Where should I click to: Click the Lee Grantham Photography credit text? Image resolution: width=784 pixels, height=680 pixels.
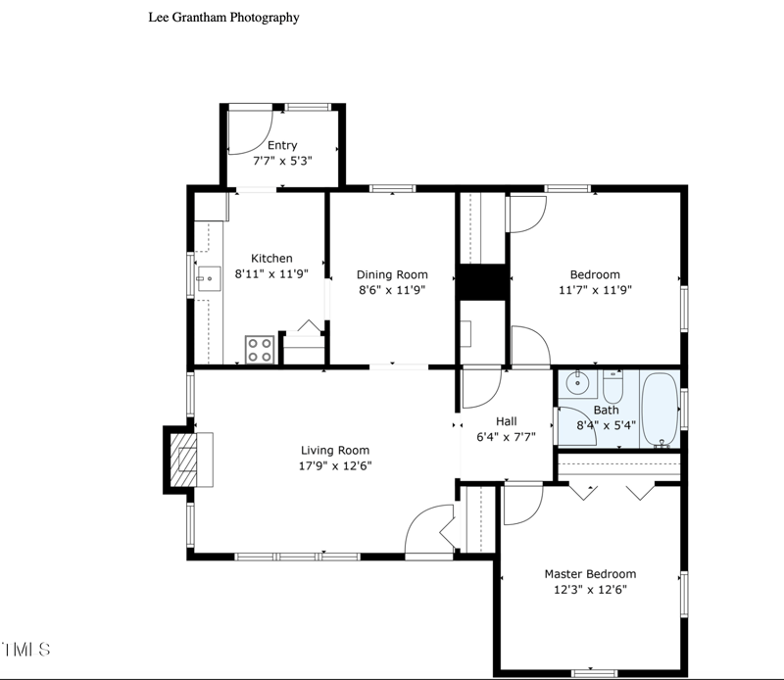[x=223, y=17]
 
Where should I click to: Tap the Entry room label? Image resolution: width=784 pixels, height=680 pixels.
[x=282, y=146]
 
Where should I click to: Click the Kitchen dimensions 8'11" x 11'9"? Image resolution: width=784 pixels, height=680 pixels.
[x=271, y=274]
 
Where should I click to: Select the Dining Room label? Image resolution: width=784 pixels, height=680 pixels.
[x=392, y=274]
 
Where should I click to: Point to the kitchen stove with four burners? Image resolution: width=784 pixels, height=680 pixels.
[x=260, y=350]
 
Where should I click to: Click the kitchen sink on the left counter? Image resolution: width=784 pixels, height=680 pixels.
[x=208, y=278]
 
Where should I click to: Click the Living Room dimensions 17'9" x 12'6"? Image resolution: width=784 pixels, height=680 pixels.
[x=336, y=465]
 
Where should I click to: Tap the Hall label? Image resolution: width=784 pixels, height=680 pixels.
[x=506, y=421]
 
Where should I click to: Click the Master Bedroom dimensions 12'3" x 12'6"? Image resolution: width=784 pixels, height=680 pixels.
[x=590, y=590]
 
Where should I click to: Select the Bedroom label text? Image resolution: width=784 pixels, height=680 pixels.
[x=595, y=274]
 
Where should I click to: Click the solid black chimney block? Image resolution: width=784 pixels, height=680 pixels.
[x=481, y=283]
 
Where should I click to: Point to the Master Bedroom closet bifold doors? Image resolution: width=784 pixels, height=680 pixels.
[x=612, y=489]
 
